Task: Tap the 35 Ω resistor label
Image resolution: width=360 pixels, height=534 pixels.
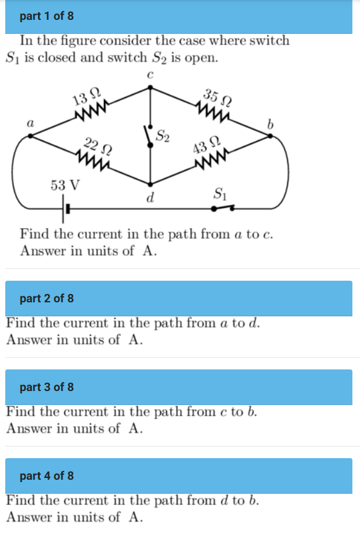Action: point(216,96)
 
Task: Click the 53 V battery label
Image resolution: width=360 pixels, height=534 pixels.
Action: point(65,186)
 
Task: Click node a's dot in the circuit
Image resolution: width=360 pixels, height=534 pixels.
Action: point(30,135)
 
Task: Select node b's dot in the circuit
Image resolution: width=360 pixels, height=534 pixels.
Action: point(270,135)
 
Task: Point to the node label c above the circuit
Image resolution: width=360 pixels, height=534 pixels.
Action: point(150,75)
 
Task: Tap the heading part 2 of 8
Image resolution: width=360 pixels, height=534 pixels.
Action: point(47,298)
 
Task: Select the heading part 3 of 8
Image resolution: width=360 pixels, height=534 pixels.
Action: point(47,387)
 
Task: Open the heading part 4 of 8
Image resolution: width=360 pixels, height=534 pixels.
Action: point(47,476)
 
